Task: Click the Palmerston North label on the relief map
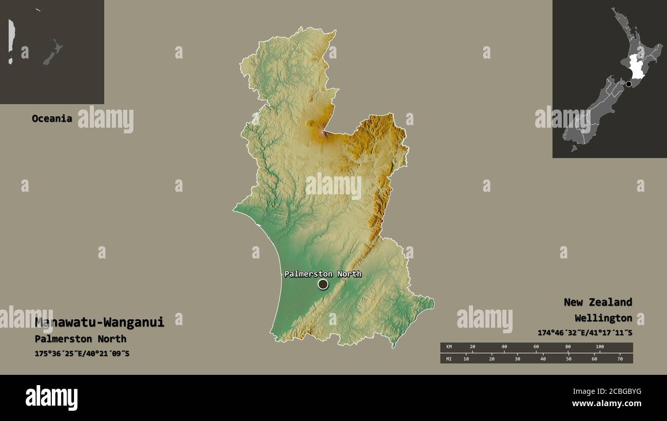coord(323,274)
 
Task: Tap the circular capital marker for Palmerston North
coord(323,284)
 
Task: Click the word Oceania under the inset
coord(52,118)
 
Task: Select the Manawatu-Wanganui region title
coord(100,322)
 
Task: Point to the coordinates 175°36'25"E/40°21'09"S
coord(82,353)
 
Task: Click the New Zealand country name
coord(598,302)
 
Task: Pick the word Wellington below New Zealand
coord(603,318)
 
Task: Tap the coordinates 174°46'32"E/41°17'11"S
coord(585,333)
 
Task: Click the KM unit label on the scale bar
coord(449,347)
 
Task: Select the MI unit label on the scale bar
coord(449,358)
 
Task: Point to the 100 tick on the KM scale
coord(599,347)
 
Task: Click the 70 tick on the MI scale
coord(619,358)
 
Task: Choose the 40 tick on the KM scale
coord(504,347)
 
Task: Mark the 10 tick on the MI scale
coord(466,358)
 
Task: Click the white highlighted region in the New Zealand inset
coord(637,67)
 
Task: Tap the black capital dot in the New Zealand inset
coord(629,84)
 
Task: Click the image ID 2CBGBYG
coord(621,392)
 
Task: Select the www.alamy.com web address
coord(606,404)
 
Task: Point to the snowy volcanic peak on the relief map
coord(323,133)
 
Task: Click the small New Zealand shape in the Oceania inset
coord(52,53)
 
